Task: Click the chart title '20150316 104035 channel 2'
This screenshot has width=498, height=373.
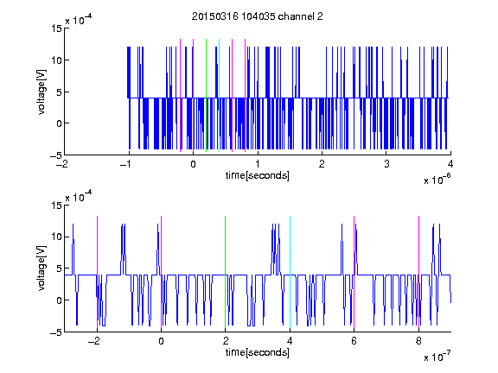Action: pos(258,16)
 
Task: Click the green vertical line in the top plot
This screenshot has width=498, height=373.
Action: pos(206,95)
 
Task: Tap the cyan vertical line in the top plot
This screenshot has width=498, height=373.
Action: pos(219,95)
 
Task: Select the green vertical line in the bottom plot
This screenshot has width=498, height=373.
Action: pos(225,272)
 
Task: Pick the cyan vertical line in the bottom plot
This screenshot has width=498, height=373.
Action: pos(290,272)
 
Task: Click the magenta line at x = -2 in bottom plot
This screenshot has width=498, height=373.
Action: pos(97,272)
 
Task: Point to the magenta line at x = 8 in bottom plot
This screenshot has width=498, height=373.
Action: pos(418,272)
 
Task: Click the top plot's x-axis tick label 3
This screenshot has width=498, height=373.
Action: pos(386,164)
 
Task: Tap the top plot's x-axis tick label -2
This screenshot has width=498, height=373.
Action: pos(62,164)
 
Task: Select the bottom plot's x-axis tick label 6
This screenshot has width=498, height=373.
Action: pos(354,341)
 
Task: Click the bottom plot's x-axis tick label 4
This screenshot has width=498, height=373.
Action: pos(290,341)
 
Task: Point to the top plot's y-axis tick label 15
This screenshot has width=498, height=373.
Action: pos(56,28)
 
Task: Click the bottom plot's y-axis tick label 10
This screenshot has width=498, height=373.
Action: pos(56,237)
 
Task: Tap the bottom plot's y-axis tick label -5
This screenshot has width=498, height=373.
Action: pos(56,332)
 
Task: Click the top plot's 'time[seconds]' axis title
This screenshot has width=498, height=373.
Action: pos(258,175)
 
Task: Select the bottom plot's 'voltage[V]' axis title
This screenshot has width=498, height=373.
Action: pos(41,268)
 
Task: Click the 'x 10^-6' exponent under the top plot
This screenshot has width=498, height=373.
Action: pos(437,180)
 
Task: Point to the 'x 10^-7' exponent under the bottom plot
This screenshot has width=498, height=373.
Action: pos(437,357)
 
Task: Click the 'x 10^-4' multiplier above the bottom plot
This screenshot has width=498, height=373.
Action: pos(79,197)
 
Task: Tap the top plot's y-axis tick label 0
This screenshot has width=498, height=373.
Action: pos(59,123)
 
